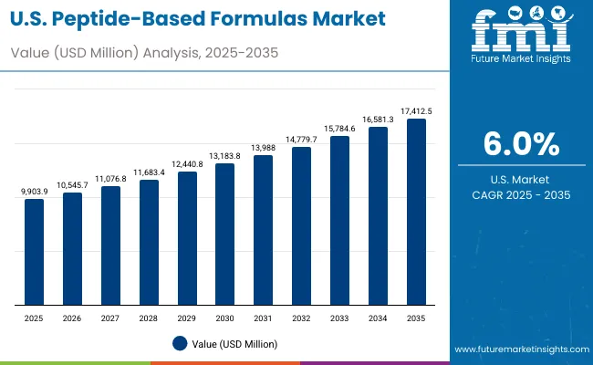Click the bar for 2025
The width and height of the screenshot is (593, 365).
click(x=34, y=252)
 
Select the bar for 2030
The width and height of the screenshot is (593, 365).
click(x=224, y=235)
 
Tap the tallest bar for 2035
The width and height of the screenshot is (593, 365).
click(x=415, y=212)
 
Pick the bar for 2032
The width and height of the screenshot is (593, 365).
click(x=301, y=225)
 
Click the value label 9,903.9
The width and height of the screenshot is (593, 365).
click(x=34, y=191)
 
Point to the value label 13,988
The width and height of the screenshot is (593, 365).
click(x=263, y=148)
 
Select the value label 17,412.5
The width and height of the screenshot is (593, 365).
click(x=415, y=111)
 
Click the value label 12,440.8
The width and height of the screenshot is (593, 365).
click(x=186, y=164)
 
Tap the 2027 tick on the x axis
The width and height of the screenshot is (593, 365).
click(x=110, y=318)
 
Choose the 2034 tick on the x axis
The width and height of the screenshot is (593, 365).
click(x=377, y=318)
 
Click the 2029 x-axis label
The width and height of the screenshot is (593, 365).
click(x=186, y=318)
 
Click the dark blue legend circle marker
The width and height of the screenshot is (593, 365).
click(x=179, y=343)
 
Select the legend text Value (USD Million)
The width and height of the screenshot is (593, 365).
click(x=234, y=344)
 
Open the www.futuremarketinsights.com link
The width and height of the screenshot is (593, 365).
click(x=518, y=349)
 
